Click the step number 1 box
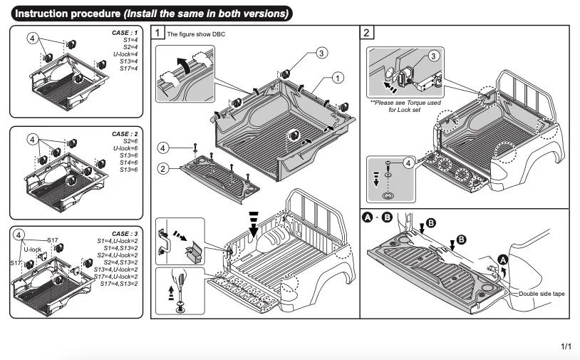point(158,33)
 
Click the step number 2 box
point(366,33)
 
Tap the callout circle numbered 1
point(338,76)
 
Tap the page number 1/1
point(566,346)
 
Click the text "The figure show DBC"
point(195,34)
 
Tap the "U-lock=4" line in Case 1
point(125,54)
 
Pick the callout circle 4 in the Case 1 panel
point(32,37)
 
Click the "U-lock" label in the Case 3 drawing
point(33,250)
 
